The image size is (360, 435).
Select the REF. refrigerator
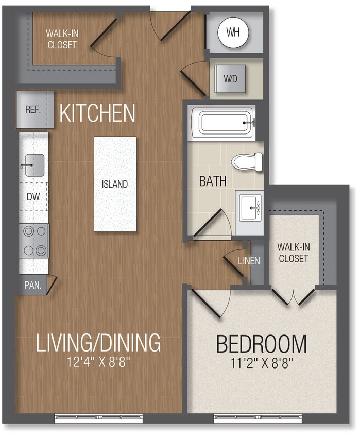(x=33, y=109)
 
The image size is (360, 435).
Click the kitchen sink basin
(x=34, y=165)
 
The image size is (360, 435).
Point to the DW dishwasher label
(x=33, y=196)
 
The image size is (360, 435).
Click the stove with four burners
(x=34, y=240)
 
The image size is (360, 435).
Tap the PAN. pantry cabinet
(x=33, y=284)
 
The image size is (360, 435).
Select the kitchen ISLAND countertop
(x=115, y=184)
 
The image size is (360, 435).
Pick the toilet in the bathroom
(x=246, y=162)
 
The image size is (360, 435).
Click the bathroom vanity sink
(x=249, y=207)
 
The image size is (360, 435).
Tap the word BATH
(x=213, y=181)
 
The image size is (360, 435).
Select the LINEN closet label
(x=249, y=261)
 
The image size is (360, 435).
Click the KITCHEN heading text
(x=97, y=113)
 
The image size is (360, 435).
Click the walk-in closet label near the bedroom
(x=293, y=253)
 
